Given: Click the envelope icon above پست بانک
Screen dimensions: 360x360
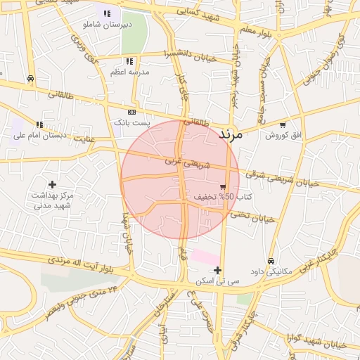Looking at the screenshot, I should click(x=131, y=112).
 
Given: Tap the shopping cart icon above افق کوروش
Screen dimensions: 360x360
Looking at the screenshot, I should click(x=283, y=124).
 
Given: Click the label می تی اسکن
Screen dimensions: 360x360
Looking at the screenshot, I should click(x=219, y=281).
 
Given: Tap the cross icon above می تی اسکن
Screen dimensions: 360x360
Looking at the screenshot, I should click(x=218, y=270).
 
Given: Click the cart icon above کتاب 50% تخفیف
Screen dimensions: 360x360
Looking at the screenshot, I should click(x=223, y=187).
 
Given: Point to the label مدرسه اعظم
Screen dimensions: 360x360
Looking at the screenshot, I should click(x=130, y=72).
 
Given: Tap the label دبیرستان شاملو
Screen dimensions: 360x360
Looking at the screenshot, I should click(x=107, y=25).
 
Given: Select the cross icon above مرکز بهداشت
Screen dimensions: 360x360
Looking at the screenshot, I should click(x=52, y=184).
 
